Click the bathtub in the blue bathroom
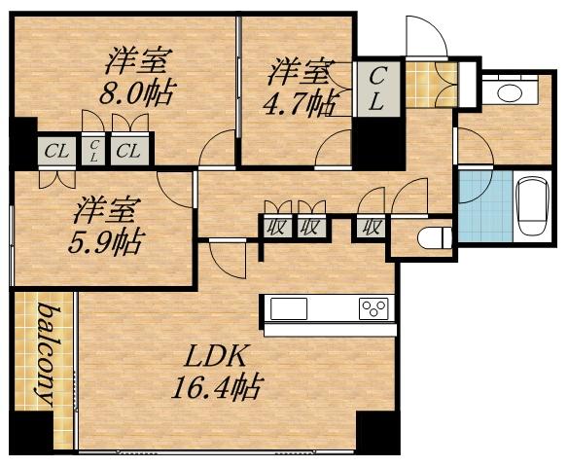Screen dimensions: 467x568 click(x=533, y=205)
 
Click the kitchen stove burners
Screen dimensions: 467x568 click(x=373, y=309)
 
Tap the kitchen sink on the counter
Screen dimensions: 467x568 click(x=289, y=309)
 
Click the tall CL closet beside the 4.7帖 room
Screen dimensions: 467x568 click(x=377, y=88)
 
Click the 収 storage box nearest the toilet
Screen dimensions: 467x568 click(x=372, y=228)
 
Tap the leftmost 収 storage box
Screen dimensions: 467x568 click(x=275, y=228)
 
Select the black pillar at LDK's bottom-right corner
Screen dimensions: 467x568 click(x=377, y=432)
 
